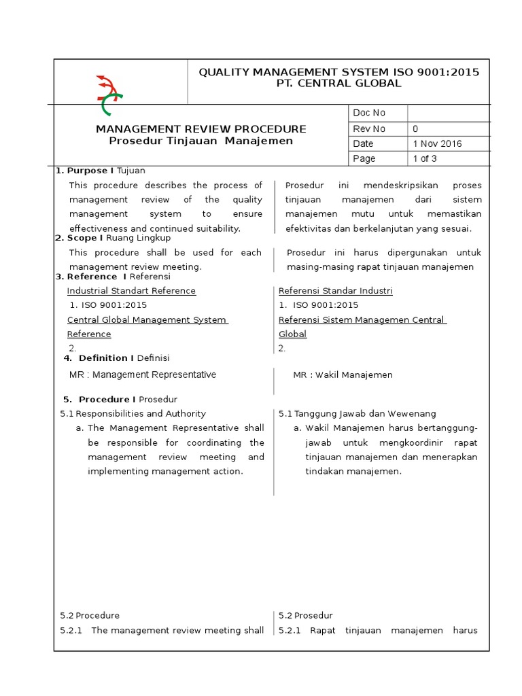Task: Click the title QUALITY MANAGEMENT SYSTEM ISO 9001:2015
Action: pyautogui.click(x=338, y=72)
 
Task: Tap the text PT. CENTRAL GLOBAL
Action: pyautogui.click(x=338, y=84)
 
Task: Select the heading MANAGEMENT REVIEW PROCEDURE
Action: pyautogui.click(x=201, y=128)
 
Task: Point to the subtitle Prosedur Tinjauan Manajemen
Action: pyautogui.click(x=201, y=141)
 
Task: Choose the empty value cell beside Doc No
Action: pyautogui.click(x=448, y=113)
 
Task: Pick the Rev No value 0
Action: pyautogui.click(x=416, y=128)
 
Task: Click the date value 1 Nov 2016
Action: pyautogui.click(x=437, y=143)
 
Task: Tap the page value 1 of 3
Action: pyautogui.click(x=425, y=158)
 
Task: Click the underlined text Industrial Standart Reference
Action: pyautogui.click(x=131, y=291)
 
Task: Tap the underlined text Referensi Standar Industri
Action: pyautogui.click(x=336, y=291)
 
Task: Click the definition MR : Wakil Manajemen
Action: pyautogui.click(x=343, y=375)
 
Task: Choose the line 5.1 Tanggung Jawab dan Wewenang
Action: pyautogui.click(x=358, y=413)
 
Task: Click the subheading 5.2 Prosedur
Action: pyautogui.click(x=306, y=615)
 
